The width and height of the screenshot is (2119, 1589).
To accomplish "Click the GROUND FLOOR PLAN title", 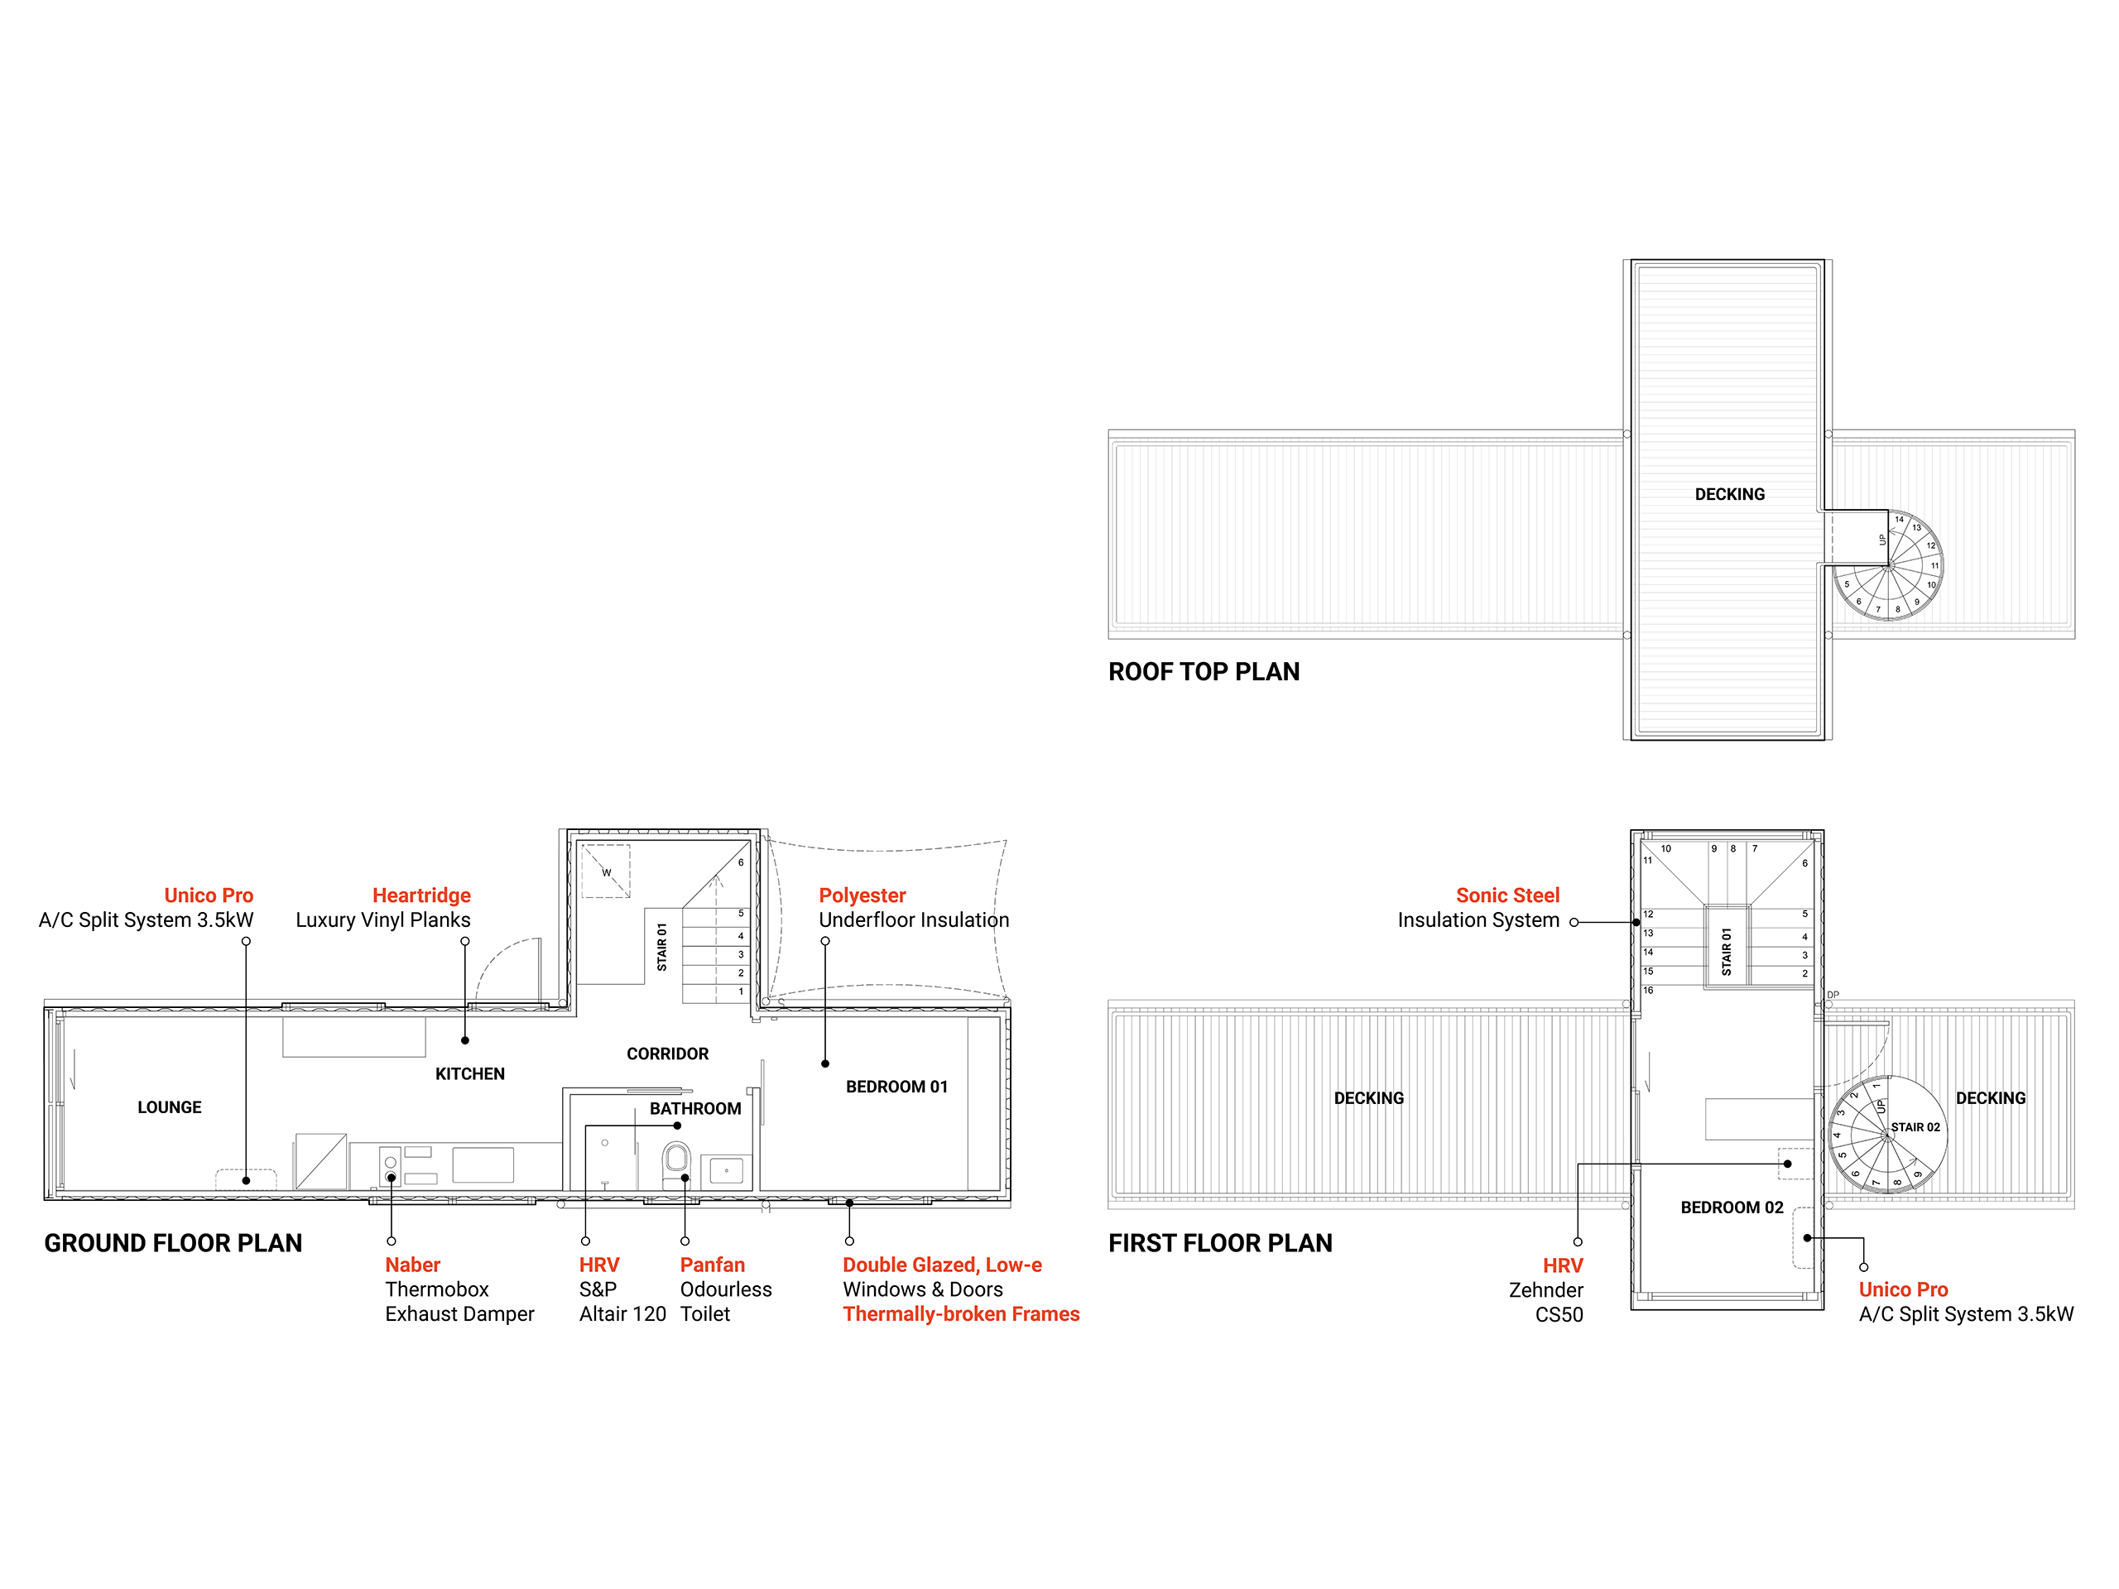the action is [173, 1243].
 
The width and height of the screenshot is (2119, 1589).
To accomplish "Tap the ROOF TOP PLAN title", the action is [1204, 671].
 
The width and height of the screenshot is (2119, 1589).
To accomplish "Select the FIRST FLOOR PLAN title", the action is [1220, 1243].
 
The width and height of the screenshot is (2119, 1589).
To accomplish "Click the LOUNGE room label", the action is [170, 1107].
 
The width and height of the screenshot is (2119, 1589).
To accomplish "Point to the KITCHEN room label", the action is [470, 1073].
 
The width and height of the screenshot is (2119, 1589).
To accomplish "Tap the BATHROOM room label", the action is [695, 1108].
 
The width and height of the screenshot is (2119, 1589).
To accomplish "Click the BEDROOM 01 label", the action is [896, 1086].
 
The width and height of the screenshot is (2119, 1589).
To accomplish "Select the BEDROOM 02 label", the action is [1732, 1207].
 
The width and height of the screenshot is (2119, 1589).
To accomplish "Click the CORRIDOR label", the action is [668, 1054].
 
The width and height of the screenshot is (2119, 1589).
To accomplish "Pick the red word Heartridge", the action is [421, 895].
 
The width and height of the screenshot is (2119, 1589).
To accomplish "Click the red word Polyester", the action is [862, 895].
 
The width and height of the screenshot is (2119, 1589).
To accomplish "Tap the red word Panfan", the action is [713, 1265].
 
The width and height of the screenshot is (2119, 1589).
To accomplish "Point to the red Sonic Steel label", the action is [1508, 895].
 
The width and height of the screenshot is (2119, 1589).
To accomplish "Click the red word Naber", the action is [413, 1265].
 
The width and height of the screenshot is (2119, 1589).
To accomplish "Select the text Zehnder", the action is [1546, 1290].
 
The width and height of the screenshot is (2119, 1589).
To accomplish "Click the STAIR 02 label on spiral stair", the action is [1915, 1127].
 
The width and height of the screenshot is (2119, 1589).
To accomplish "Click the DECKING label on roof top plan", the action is [1730, 494].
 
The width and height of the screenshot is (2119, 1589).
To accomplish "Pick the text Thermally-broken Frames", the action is [962, 1314].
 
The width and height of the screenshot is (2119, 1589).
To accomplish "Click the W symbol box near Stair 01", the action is [607, 871].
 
